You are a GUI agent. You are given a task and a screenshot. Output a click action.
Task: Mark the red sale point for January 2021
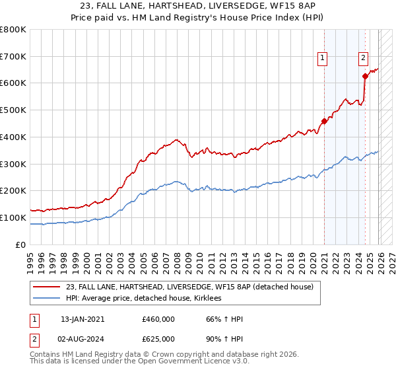(x=324, y=121)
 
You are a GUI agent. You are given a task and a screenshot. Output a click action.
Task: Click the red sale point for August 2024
(x=365, y=76)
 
